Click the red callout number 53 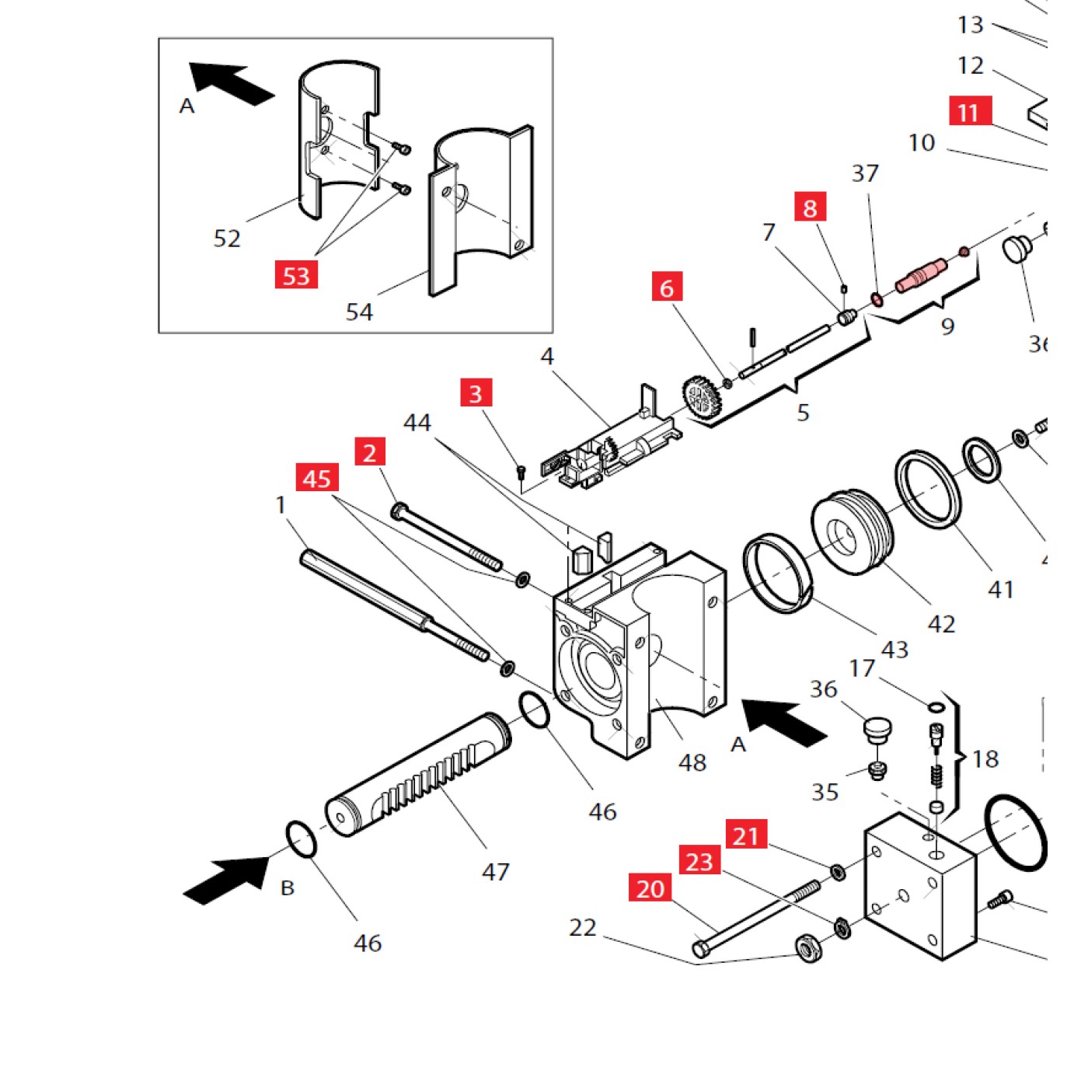[296, 275]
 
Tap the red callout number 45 [317, 478]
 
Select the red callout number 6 [667, 288]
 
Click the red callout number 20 [650, 887]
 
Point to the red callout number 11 [969, 112]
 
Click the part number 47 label [496, 871]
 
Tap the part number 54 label [359, 312]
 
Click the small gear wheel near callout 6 [702, 399]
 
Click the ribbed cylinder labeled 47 [420, 773]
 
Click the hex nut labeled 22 [808, 948]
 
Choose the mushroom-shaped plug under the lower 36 [877, 731]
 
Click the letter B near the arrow [288, 887]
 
